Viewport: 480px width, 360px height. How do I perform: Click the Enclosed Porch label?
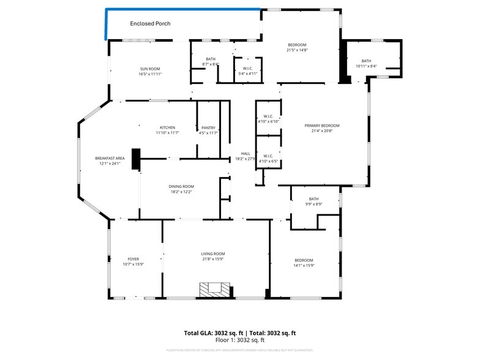point(150,24)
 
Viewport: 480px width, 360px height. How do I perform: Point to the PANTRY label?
point(208,127)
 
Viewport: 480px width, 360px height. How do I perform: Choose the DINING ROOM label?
point(181,186)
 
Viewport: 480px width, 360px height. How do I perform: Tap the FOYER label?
point(133,259)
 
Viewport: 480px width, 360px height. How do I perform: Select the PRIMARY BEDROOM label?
point(322,126)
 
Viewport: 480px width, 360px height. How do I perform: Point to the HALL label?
point(246,154)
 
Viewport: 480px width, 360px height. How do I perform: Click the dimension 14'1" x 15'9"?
point(304,265)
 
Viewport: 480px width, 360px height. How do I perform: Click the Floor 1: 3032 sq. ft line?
point(239,340)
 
